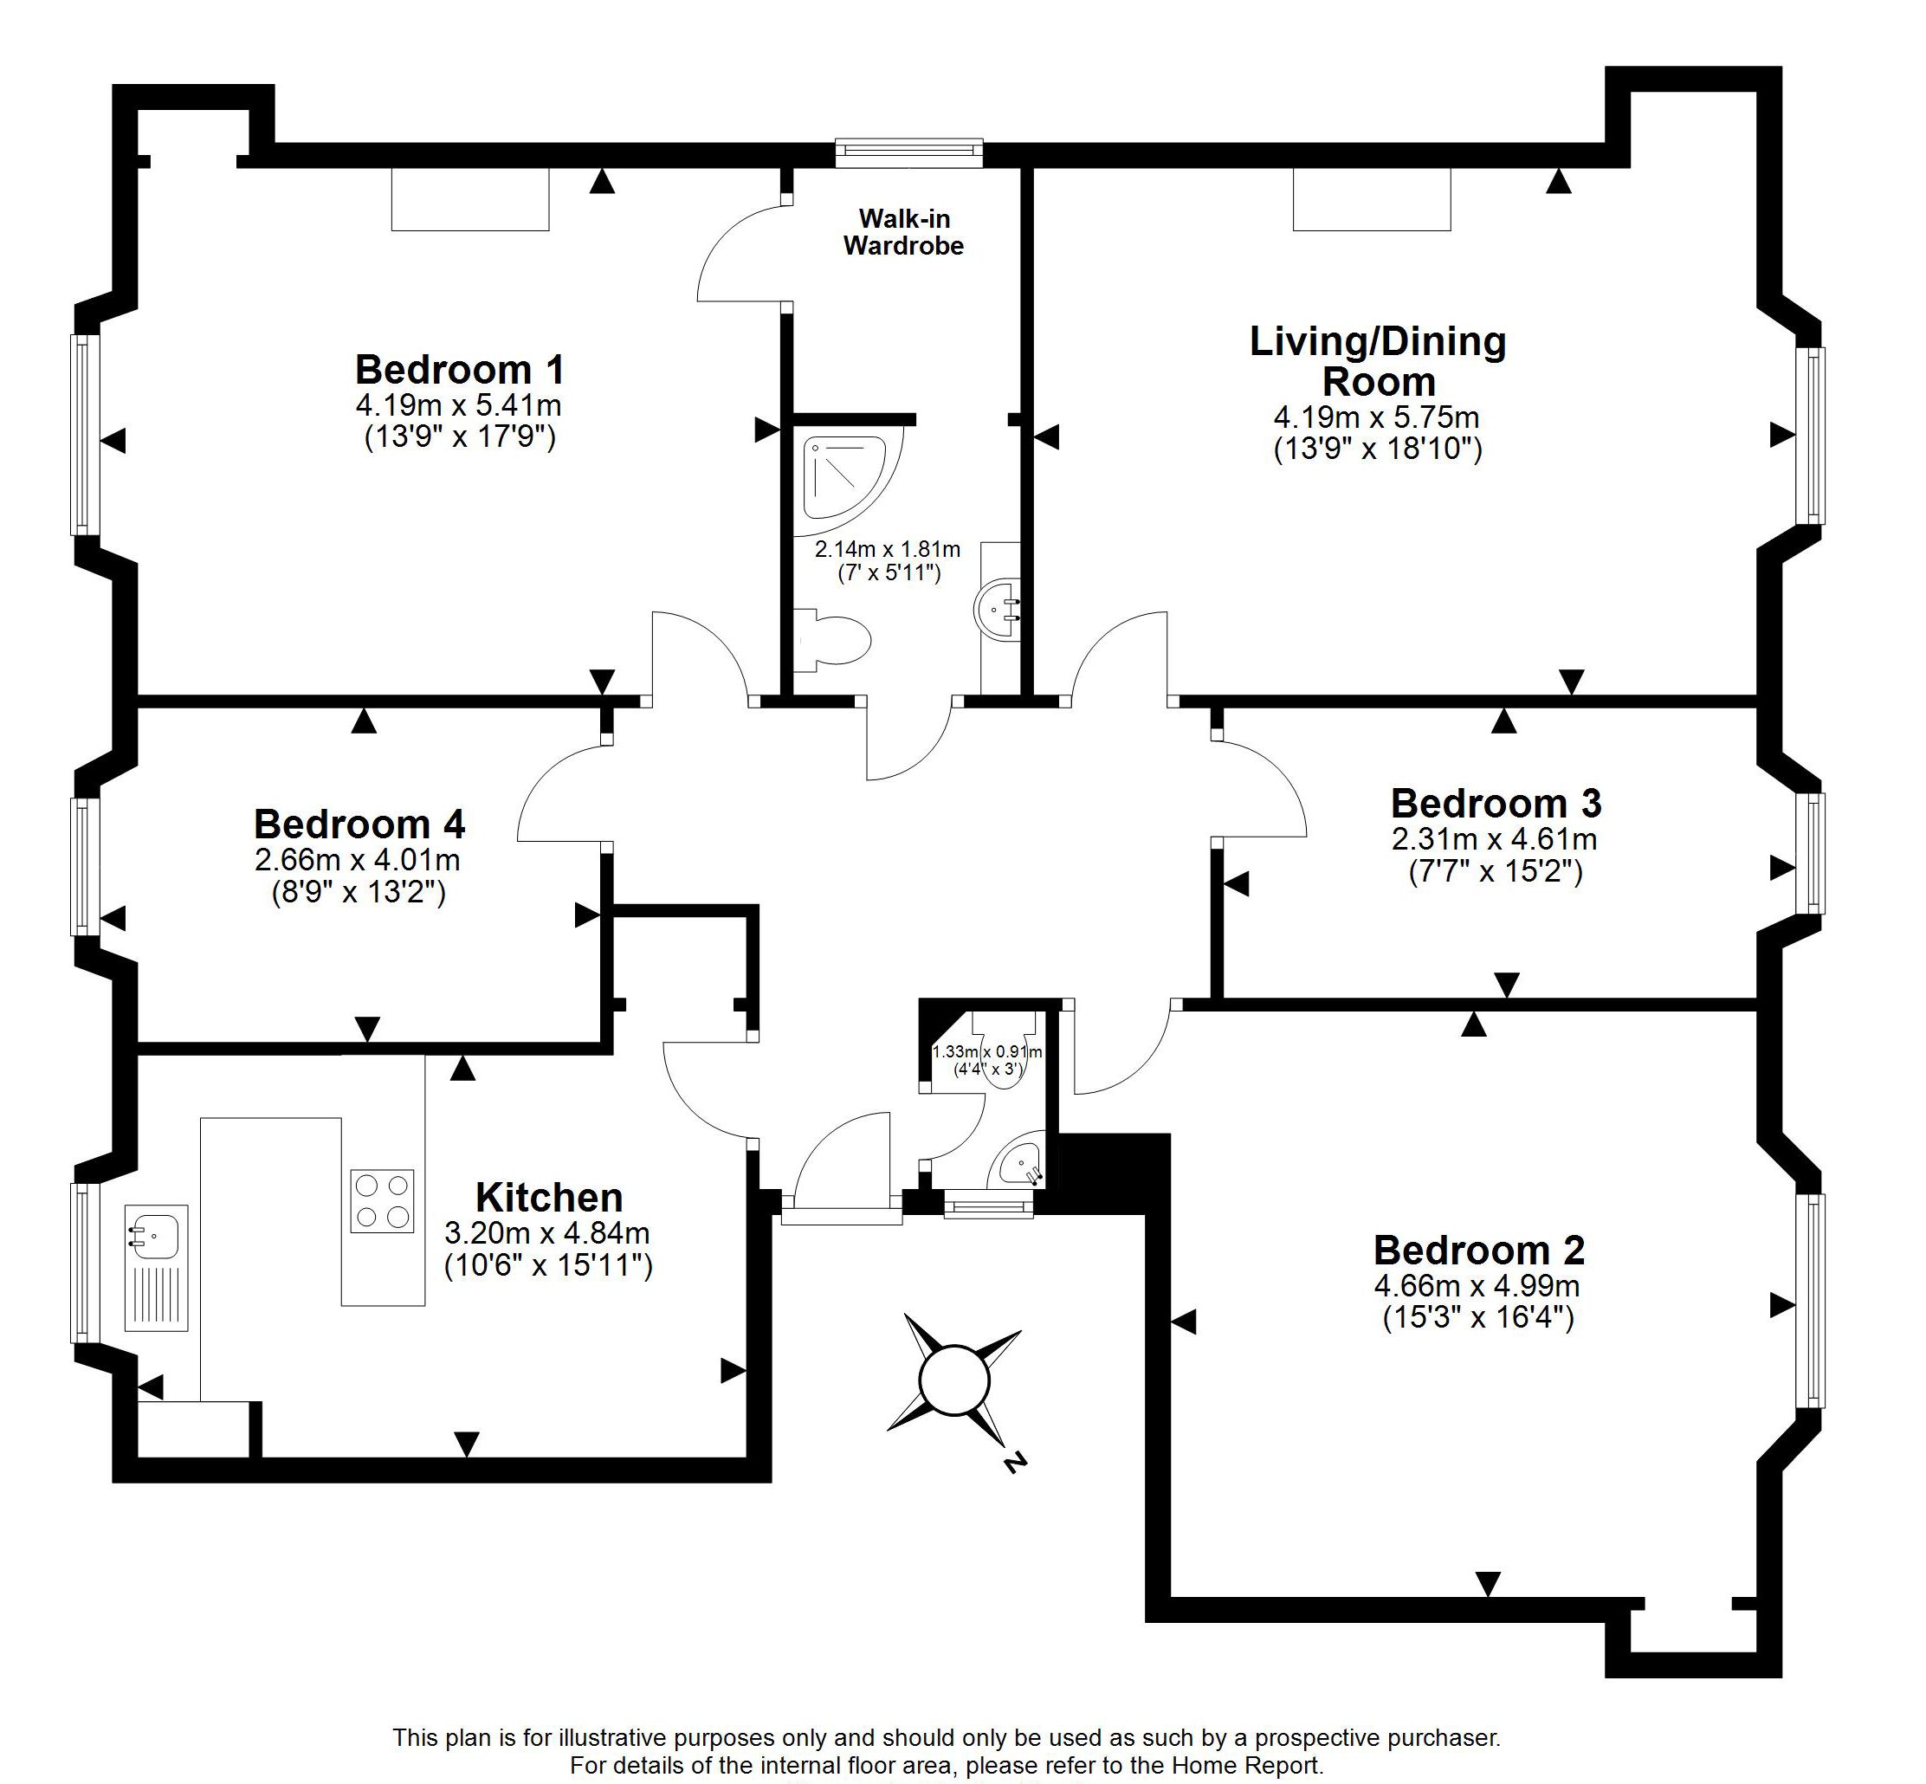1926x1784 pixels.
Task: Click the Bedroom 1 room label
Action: click(460, 370)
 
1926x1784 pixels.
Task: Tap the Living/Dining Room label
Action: click(1378, 361)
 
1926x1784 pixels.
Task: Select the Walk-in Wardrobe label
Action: click(903, 233)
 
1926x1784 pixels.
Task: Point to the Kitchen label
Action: click(549, 1198)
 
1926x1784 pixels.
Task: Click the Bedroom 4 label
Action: click(359, 824)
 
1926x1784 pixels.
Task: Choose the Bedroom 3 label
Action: click(1496, 803)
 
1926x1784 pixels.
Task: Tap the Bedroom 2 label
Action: click(1479, 1251)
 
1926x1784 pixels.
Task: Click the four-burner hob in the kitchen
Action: click(381, 1201)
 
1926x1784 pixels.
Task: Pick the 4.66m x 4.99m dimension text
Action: click(1477, 1286)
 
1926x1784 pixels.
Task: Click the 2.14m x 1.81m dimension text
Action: click(887, 550)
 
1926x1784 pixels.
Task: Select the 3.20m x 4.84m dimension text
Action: click(546, 1232)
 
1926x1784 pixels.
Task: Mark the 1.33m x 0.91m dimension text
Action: click(986, 1051)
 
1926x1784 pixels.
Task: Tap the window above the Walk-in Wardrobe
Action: click(908, 152)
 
